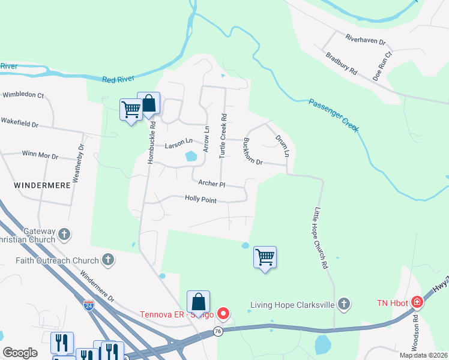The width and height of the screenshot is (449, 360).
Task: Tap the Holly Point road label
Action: click(200, 199)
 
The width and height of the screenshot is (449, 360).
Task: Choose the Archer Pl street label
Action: click(209, 184)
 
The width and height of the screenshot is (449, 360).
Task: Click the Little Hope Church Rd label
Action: click(321, 238)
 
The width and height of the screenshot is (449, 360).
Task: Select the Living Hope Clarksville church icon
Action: click(343, 304)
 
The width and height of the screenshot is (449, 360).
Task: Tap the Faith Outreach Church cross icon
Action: click(108, 260)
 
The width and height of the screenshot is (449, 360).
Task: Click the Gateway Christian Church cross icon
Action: click(64, 234)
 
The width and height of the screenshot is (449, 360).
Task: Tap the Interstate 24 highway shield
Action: click(89, 305)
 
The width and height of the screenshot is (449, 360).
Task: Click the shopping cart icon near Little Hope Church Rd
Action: click(265, 257)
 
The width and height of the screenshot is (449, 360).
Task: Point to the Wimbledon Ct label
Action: click(23, 95)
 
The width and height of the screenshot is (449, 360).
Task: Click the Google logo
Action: click(20, 352)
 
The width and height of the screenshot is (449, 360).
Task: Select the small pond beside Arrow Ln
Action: click(191, 157)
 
